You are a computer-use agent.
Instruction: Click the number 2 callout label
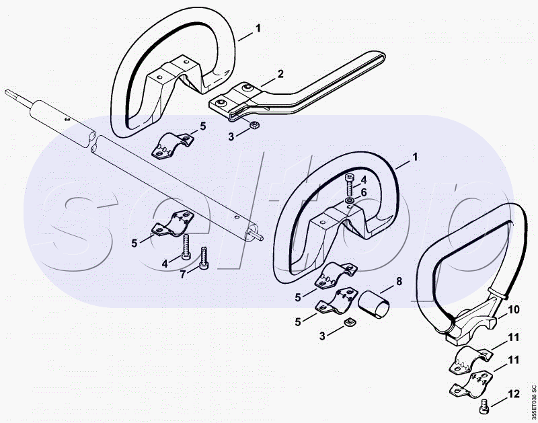point(280,73)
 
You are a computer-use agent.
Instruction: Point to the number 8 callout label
point(398,280)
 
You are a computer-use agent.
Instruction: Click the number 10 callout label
point(513,310)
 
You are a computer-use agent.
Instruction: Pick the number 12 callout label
point(513,393)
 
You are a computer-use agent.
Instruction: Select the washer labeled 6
point(350,200)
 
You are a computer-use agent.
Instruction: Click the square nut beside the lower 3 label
point(350,325)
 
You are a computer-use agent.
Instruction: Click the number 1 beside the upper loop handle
point(258,29)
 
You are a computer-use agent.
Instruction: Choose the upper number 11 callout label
point(513,336)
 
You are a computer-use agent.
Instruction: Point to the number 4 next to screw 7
point(164,264)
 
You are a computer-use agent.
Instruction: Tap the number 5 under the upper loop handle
point(202,125)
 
